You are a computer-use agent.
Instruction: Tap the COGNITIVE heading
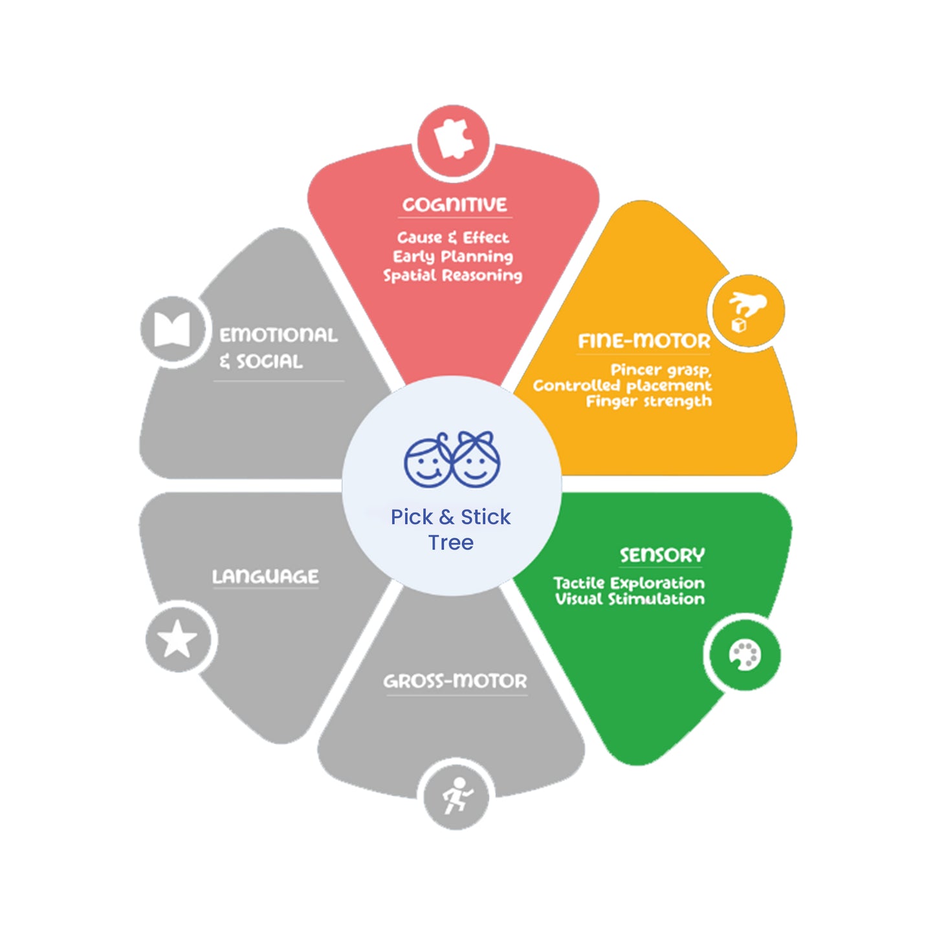[454, 204]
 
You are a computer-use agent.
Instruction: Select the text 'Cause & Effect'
[453, 237]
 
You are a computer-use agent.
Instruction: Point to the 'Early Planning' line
[453, 256]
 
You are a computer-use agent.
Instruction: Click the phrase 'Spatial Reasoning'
[453, 276]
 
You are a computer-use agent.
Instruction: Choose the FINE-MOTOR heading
[644, 340]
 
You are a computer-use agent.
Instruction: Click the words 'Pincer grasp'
[661, 370]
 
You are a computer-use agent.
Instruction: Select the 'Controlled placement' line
[622, 386]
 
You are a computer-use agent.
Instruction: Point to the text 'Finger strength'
[649, 401]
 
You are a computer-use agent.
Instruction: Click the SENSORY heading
[662, 555]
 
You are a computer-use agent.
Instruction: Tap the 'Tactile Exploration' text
[629, 583]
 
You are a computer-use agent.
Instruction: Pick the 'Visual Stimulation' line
[630, 599]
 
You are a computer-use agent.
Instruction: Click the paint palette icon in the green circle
[745, 655]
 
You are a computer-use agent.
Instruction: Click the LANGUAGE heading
[265, 577]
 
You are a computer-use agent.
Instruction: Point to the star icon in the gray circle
[177, 639]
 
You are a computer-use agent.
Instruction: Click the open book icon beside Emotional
[171, 329]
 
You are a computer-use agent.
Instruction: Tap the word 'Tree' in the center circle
[451, 542]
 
